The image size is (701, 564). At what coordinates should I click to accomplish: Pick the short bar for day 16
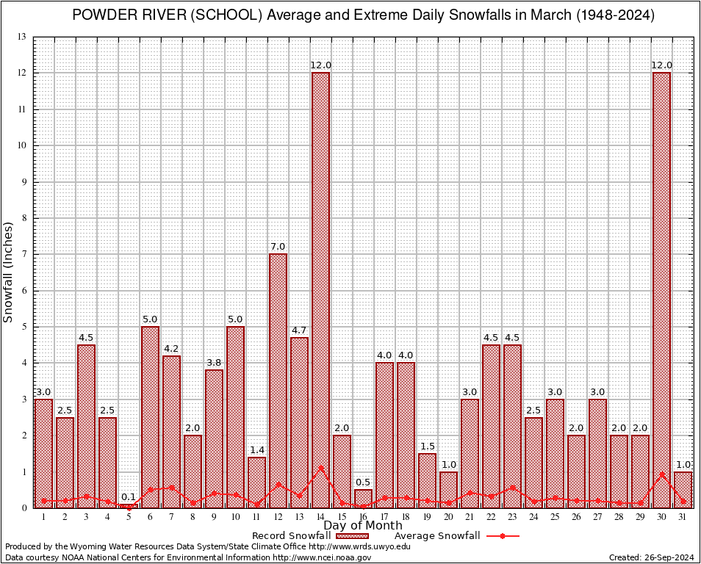363,499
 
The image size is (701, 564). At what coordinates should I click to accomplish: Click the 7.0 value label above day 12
278,247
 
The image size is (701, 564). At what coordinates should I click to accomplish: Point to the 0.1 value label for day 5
129,497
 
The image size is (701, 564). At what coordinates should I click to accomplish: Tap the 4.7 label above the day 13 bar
299,330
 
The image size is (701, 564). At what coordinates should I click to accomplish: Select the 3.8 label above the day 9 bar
214,363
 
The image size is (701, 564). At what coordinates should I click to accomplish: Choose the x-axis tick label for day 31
683,517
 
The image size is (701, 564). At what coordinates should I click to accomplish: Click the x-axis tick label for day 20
448,517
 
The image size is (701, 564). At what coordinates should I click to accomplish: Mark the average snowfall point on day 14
320,467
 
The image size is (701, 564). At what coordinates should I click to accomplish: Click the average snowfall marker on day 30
661,474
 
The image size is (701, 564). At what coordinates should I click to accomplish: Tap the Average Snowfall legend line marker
502,536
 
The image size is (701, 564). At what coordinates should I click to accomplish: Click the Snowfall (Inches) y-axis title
9,272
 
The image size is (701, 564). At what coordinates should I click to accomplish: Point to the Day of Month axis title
363,526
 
